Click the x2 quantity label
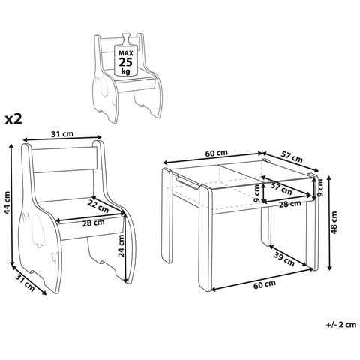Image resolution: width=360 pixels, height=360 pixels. click(13, 119)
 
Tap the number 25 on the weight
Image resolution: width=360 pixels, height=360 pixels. click(126, 61)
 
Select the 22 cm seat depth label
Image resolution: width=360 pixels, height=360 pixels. click(98, 206)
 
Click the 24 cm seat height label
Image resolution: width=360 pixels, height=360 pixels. click(121, 246)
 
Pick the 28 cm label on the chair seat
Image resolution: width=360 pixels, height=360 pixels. click(94, 223)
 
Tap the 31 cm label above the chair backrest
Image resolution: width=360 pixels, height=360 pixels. click(62, 134)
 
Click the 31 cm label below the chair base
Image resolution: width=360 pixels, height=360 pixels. click(25, 283)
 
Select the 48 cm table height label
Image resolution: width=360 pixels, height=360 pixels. click(334, 223)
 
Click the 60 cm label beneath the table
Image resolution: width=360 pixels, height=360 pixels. click(265, 284)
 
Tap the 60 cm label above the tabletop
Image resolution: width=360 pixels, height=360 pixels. click(217, 153)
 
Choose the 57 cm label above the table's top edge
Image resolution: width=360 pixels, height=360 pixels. click(292, 157)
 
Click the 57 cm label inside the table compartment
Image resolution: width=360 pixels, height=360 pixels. click(281, 189)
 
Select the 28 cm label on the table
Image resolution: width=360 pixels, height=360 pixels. click(290, 204)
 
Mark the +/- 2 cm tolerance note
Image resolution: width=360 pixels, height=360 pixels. click(341, 325)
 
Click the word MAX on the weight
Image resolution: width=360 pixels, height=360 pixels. click(126, 53)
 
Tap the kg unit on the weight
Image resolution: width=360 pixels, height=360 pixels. click(125, 71)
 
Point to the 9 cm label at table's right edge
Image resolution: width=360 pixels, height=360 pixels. click(321, 187)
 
